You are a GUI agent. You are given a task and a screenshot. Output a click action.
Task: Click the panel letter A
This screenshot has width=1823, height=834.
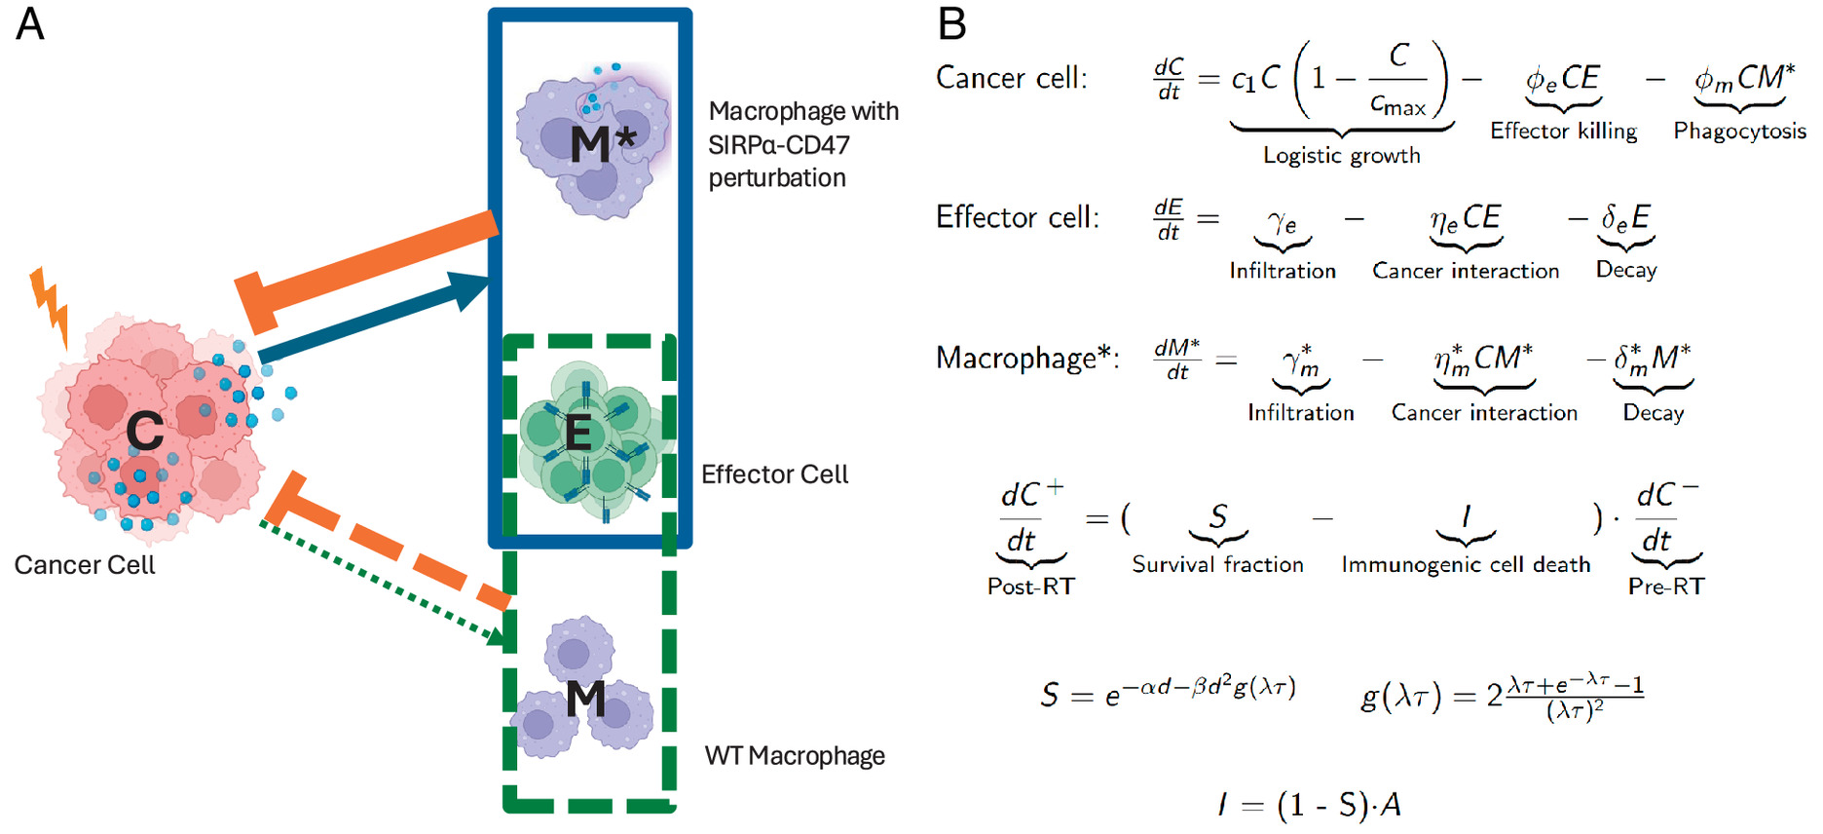(x=30, y=23)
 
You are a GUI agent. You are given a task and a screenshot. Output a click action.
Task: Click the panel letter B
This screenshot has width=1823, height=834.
(x=951, y=23)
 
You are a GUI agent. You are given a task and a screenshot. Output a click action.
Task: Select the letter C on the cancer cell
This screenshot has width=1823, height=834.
(x=145, y=431)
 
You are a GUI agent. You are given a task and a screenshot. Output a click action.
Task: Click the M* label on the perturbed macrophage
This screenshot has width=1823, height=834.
(x=602, y=143)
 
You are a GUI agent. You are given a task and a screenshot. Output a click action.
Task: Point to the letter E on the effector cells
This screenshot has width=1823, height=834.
(x=578, y=434)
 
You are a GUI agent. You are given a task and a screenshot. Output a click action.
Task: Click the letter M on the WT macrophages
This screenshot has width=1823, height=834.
(x=585, y=699)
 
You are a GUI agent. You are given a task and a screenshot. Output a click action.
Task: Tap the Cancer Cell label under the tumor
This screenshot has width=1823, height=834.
(x=85, y=565)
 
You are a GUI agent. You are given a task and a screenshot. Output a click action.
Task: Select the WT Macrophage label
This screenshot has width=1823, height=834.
(x=795, y=756)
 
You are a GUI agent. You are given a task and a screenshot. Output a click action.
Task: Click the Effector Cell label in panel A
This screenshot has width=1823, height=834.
(x=774, y=474)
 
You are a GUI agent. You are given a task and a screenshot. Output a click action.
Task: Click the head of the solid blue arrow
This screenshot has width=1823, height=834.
(x=473, y=288)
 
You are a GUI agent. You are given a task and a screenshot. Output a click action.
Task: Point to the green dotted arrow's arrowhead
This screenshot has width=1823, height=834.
(x=498, y=637)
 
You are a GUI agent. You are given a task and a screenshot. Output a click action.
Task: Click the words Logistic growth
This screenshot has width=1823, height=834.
(x=1341, y=156)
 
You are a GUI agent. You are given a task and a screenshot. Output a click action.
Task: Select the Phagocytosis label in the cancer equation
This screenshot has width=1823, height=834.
(x=1739, y=132)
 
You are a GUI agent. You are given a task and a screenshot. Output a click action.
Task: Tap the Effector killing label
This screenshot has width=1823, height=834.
(x=1563, y=132)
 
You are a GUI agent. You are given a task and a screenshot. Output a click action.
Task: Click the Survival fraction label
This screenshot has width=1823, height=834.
(x=1217, y=565)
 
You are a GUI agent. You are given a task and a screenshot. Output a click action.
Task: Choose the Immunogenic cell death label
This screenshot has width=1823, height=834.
(x=1466, y=565)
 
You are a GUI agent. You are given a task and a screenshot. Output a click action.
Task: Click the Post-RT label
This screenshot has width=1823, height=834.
(x=1030, y=587)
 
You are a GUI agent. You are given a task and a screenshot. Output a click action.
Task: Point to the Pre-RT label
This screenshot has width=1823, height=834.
(x=1666, y=587)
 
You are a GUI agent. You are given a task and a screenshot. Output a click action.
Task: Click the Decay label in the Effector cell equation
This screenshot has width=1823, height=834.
(x=1625, y=270)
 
